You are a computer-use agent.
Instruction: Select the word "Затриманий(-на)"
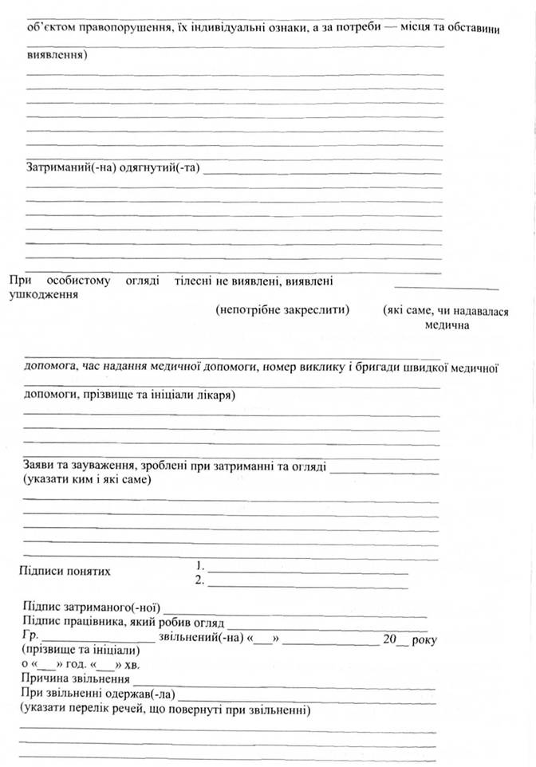tap(71, 168)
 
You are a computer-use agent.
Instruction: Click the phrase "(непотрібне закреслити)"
tap(283, 309)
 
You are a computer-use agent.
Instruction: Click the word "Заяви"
tap(41, 466)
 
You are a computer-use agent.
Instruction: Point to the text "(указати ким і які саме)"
tap(89, 479)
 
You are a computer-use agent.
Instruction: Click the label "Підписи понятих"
tap(65, 571)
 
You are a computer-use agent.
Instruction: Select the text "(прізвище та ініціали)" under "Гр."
tap(73, 651)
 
